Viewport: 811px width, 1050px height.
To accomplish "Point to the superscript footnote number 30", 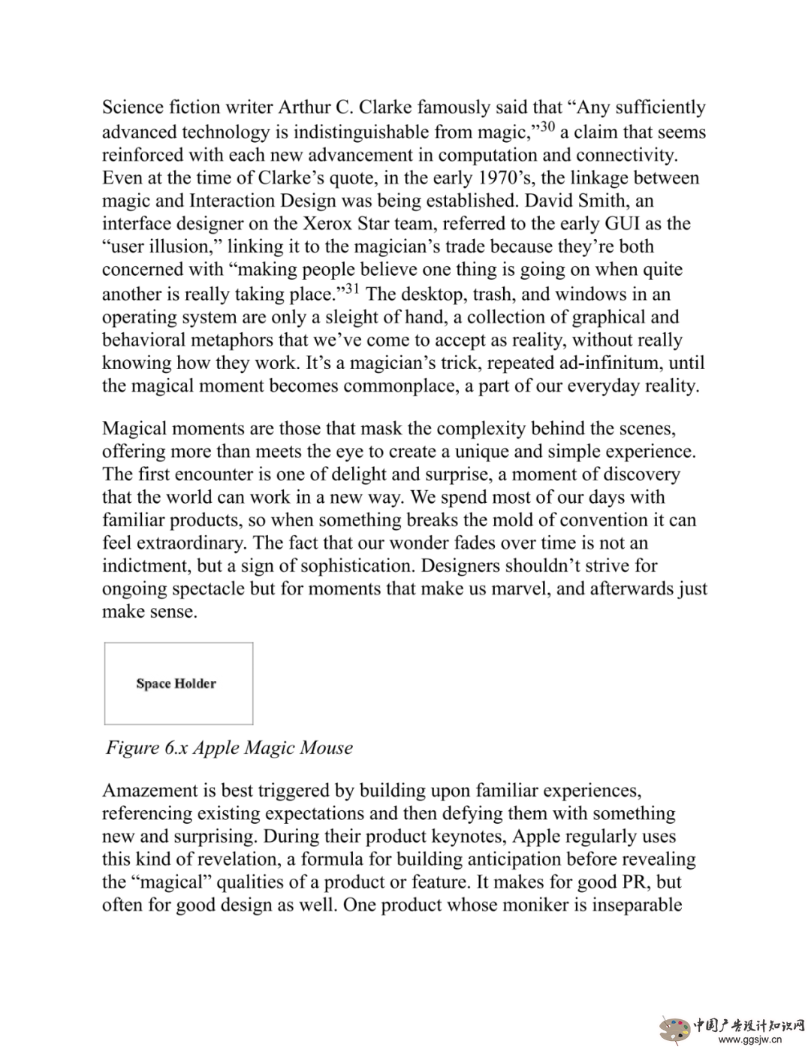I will (x=547, y=126).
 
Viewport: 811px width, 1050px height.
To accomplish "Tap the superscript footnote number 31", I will (x=351, y=289).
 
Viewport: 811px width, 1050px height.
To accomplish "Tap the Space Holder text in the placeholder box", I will (x=176, y=683).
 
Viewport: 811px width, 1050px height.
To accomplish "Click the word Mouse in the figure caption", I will (x=326, y=748).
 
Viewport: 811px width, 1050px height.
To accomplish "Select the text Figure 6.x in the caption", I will (x=147, y=748).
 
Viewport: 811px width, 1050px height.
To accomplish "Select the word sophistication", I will (x=436, y=566).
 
